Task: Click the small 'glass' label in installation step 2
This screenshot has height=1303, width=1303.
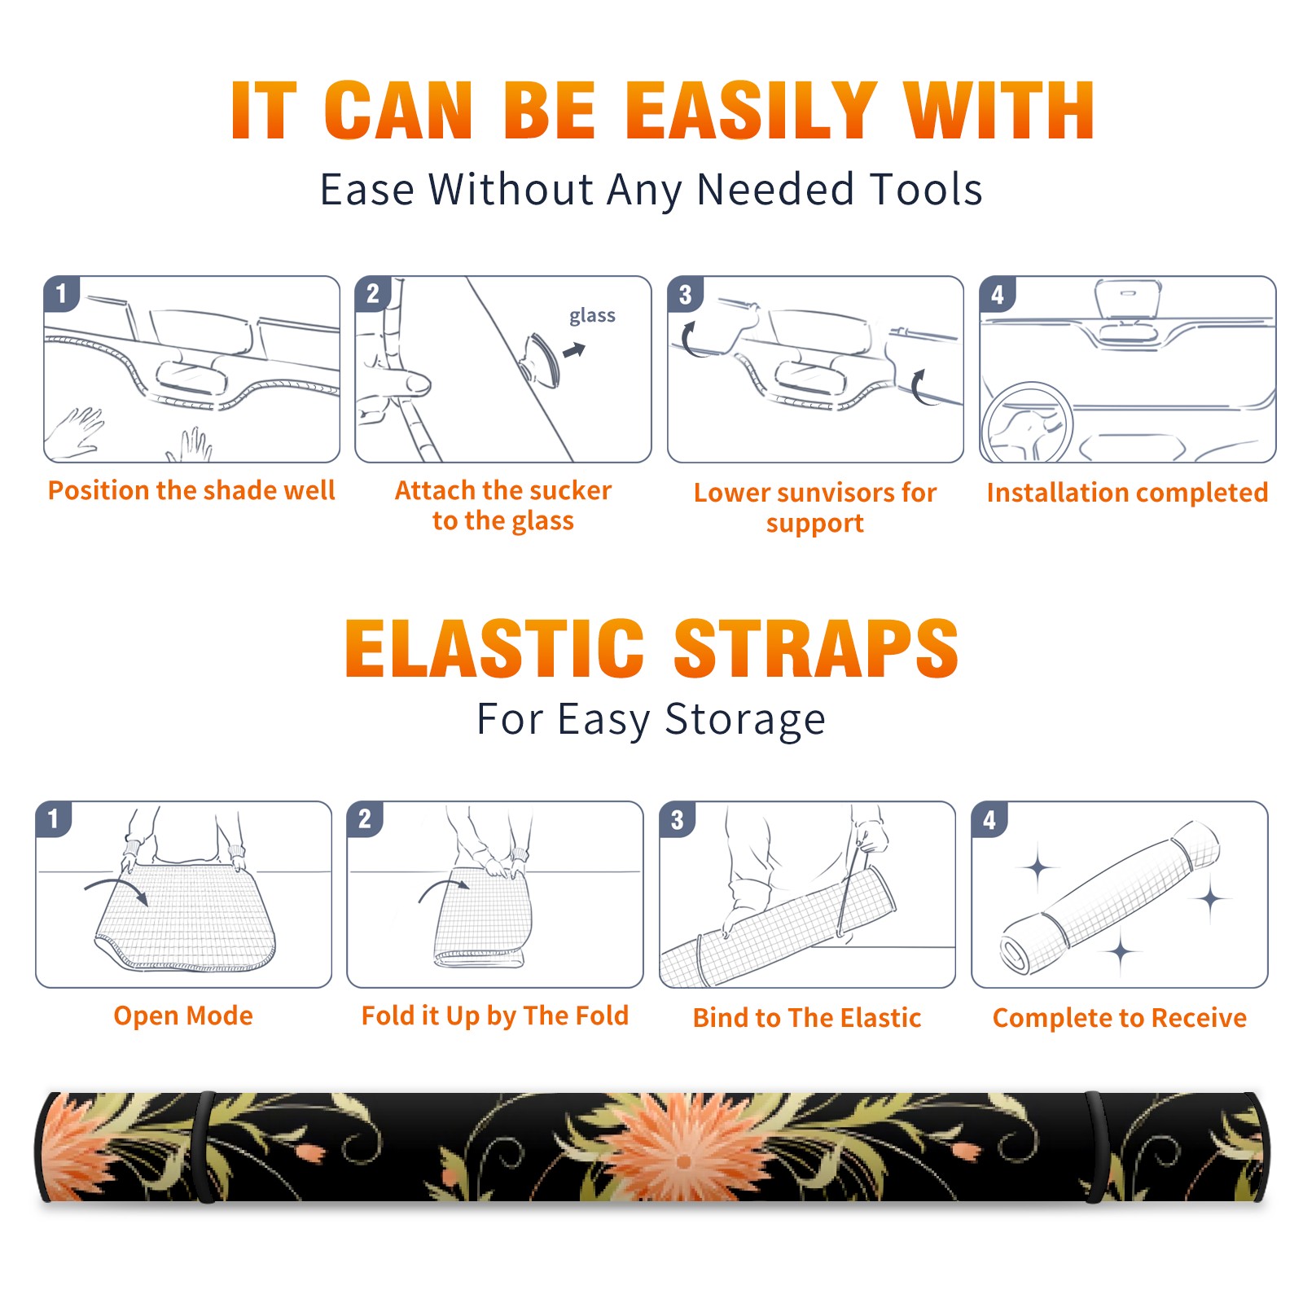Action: (592, 316)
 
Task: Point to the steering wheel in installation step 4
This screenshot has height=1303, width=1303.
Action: (1027, 423)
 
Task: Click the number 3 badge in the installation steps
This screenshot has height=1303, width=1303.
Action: (685, 294)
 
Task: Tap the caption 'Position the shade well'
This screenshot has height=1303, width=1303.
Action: (191, 490)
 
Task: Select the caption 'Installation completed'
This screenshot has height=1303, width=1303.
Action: (1127, 493)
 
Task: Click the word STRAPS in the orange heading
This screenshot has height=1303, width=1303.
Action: (816, 648)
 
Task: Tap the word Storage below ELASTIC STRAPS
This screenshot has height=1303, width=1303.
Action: (745, 720)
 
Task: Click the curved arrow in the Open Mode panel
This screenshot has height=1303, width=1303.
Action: (117, 890)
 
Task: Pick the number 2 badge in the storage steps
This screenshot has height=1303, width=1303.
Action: (364, 818)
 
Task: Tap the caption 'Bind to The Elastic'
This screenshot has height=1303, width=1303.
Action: (806, 1018)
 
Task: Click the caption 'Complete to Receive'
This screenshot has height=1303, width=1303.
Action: (1120, 1018)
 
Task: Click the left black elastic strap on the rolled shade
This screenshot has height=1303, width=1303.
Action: (204, 1147)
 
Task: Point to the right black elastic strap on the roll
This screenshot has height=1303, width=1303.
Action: (1095, 1147)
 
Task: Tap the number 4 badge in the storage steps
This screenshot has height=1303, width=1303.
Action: (989, 819)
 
